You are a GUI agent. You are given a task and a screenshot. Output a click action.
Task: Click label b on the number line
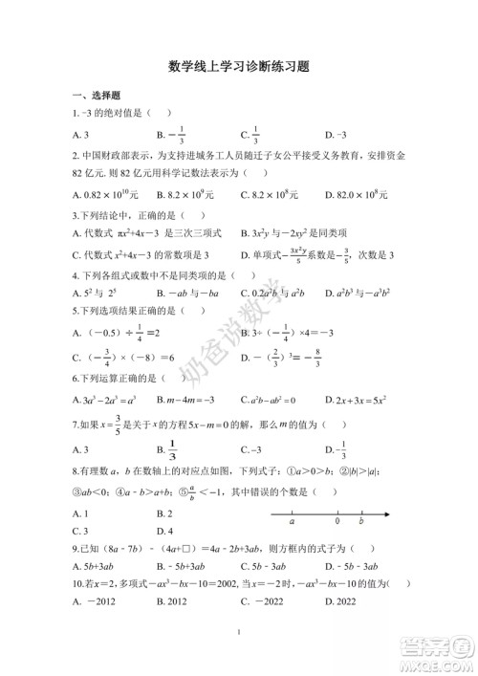pos(360,524)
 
